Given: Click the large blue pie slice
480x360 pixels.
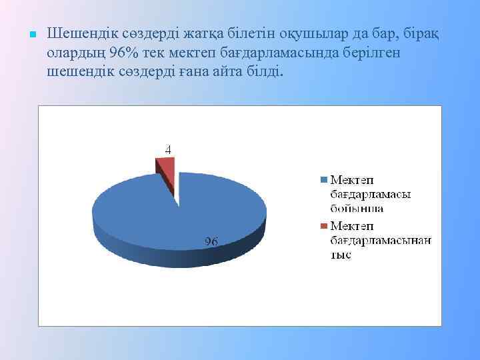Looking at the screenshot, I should [x=153, y=213].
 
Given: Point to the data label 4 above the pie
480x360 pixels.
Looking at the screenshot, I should [x=168, y=151].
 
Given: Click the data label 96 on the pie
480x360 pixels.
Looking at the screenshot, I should [x=211, y=241].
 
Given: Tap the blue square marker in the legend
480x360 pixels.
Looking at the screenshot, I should [x=325, y=180].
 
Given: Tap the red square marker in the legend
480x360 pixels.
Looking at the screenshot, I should [x=325, y=226].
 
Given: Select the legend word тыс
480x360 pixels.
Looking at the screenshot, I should [x=341, y=255].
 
